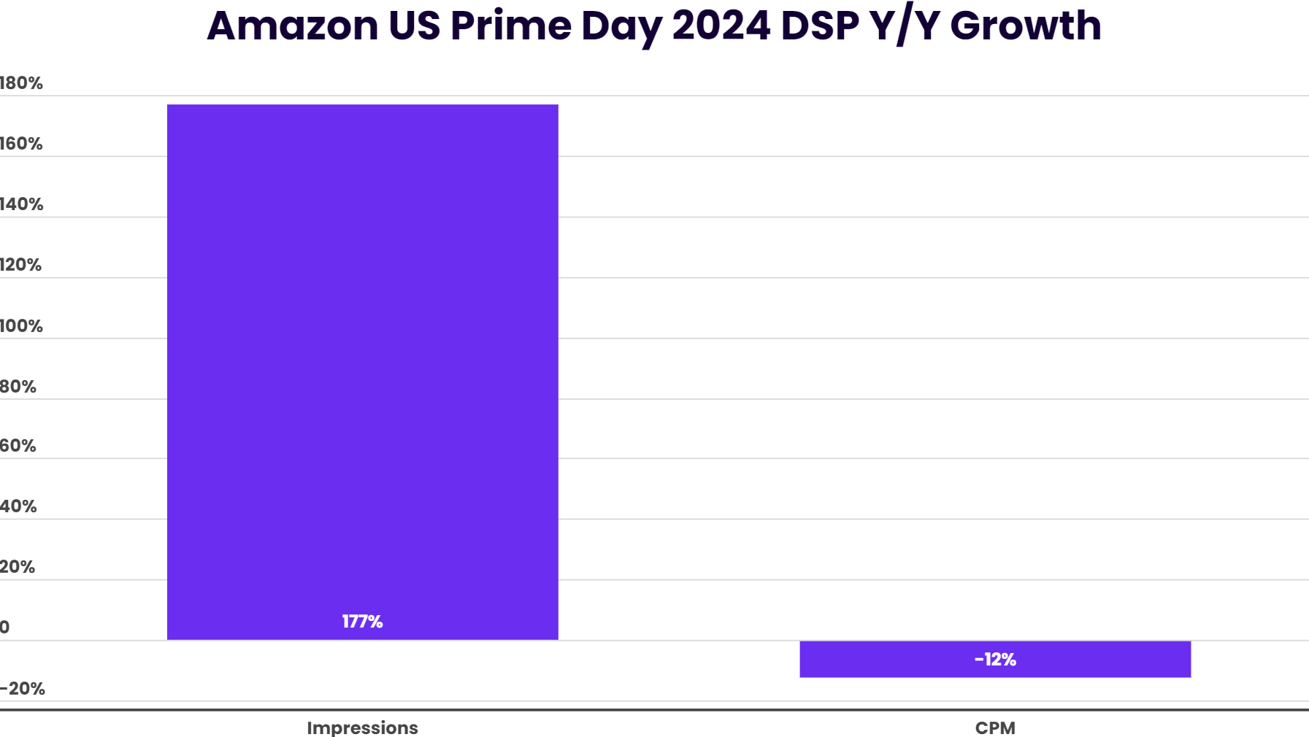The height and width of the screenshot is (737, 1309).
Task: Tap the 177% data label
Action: click(363, 621)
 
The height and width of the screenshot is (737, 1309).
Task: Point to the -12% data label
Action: click(995, 660)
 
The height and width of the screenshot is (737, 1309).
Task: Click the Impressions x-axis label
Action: click(362, 728)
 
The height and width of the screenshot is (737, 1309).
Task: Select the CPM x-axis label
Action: click(995, 728)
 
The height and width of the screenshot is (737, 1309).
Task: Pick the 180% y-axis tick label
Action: click(21, 83)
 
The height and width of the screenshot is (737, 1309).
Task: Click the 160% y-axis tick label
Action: click(21, 144)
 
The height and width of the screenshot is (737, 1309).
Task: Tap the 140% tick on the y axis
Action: click(21, 204)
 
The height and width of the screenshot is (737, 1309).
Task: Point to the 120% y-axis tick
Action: click(21, 265)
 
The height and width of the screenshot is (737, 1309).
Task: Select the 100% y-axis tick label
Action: click(21, 326)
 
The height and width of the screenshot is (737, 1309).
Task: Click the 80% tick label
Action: click(18, 387)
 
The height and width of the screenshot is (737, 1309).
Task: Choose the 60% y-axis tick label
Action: click(18, 446)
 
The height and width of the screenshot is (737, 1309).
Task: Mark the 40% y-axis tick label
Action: click(18, 506)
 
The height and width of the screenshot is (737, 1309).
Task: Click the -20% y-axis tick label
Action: click(23, 689)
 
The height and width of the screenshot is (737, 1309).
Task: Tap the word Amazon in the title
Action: click(292, 26)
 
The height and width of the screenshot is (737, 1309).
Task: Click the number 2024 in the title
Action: click(721, 26)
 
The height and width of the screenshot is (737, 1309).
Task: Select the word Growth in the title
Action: click(1025, 26)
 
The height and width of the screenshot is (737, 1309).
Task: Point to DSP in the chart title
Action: click(819, 26)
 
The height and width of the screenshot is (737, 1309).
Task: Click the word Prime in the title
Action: click(510, 26)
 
